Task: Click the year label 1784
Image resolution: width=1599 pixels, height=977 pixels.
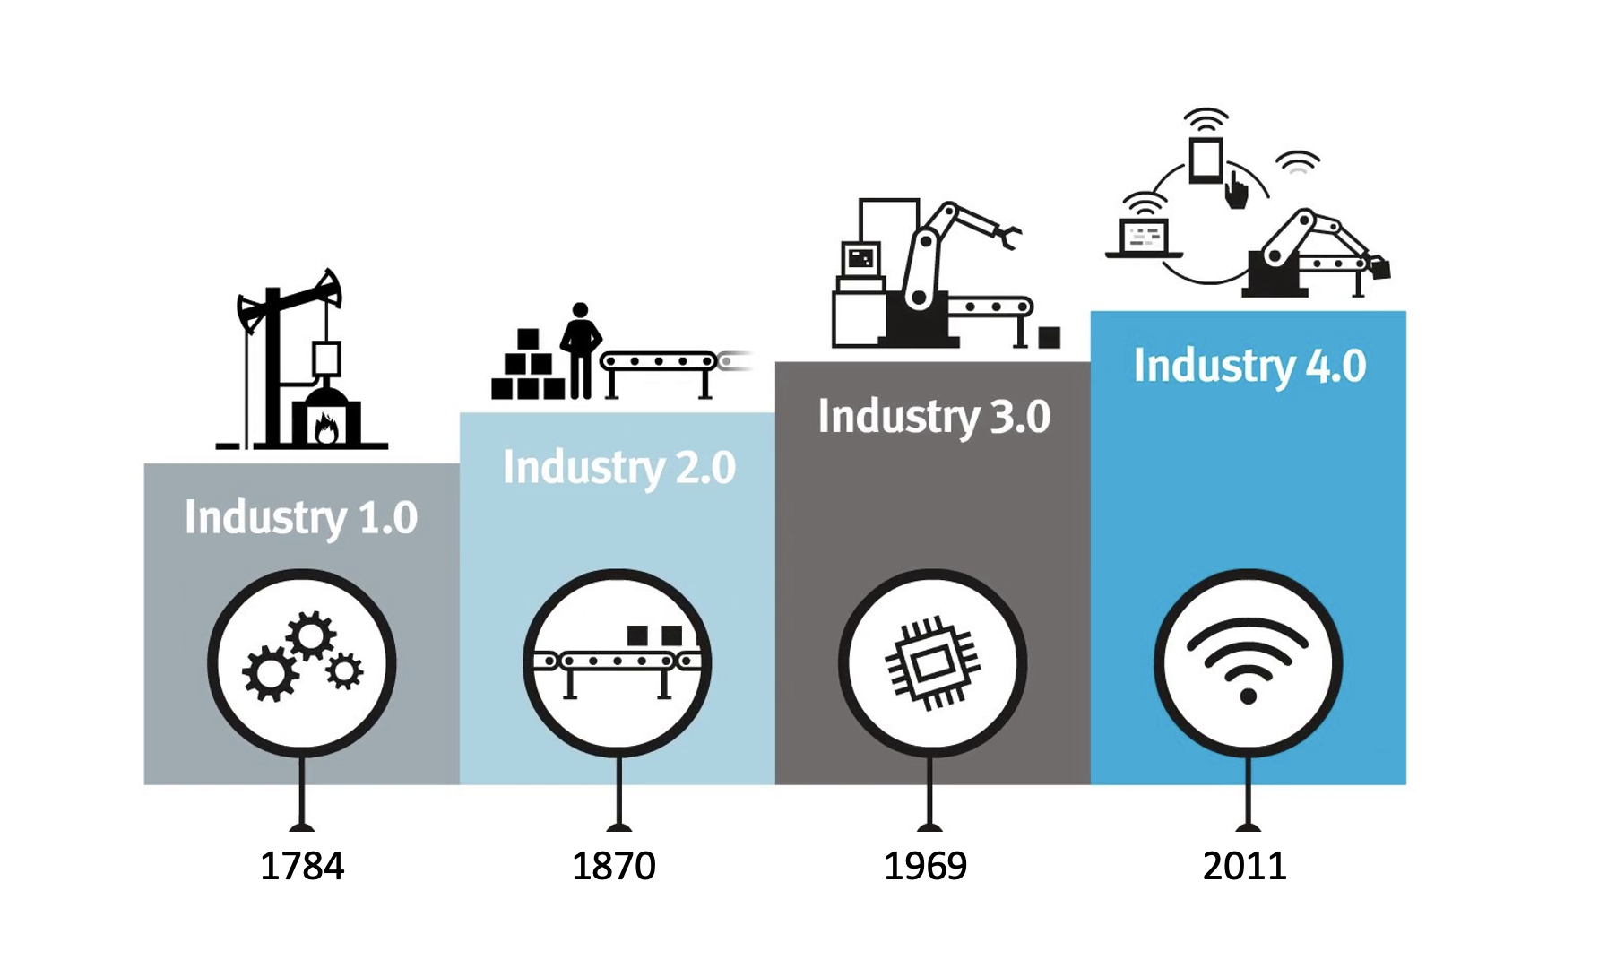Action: point(302,866)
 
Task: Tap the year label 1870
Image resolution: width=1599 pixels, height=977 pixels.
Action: point(614,866)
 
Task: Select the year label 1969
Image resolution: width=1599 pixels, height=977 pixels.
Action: point(926,866)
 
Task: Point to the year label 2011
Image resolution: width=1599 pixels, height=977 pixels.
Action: point(1245,866)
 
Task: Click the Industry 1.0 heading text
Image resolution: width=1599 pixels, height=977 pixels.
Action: point(301,518)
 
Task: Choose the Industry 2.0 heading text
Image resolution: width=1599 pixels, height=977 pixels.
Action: point(618,468)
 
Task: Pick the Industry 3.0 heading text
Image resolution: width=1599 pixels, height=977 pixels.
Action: point(934,418)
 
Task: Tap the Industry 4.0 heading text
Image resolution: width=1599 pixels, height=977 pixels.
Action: point(1249,367)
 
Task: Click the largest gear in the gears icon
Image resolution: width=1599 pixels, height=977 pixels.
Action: point(269,674)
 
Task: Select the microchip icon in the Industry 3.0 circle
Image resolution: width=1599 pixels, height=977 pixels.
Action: point(932,663)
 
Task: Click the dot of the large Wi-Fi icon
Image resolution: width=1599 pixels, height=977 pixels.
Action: point(1248,696)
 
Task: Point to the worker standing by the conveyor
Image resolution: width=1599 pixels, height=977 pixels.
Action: point(581,350)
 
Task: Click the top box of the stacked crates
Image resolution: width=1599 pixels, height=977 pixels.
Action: point(528,339)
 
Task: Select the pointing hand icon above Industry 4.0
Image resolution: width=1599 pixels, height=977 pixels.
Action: point(1237,191)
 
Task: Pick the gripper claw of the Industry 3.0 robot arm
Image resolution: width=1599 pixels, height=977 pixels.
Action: point(1009,237)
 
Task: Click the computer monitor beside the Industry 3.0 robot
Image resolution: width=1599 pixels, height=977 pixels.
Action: point(860,259)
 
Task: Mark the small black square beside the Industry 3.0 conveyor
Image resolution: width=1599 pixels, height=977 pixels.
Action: point(1049,338)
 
